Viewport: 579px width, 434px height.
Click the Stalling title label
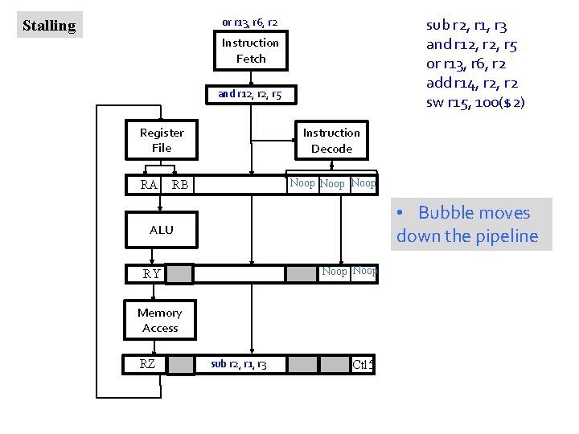tap(49, 26)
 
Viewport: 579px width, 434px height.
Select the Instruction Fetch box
tap(250, 51)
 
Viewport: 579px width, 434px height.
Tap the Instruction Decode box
tap(331, 141)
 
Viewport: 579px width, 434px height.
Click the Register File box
tap(162, 140)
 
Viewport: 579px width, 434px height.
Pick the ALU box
tap(161, 230)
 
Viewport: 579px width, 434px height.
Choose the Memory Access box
tap(160, 320)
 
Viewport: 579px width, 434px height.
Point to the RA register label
tap(149, 185)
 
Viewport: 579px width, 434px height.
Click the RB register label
tap(180, 185)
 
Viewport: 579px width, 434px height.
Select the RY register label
tap(151, 274)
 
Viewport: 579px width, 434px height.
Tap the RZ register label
tap(147, 364)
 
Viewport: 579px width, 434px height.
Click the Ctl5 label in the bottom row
tap(363, 365)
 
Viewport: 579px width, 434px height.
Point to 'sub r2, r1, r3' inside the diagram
tap(239, 365)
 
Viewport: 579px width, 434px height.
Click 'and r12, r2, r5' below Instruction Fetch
tap(250, 94)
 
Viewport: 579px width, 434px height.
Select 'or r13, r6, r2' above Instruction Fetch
tap(250, 22)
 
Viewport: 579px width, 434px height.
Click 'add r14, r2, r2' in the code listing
tap(472, 83)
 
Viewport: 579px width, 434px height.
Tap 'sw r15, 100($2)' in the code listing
tap(475, 102)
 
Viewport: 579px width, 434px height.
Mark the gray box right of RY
tap(180, 274)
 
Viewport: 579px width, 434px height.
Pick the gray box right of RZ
tap(180, 364)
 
